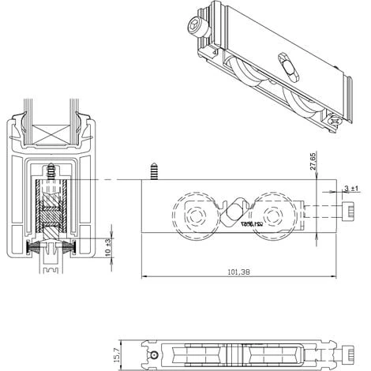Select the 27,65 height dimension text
point(313,162)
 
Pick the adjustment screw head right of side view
point(349,212)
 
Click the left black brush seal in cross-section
point(36,248)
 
